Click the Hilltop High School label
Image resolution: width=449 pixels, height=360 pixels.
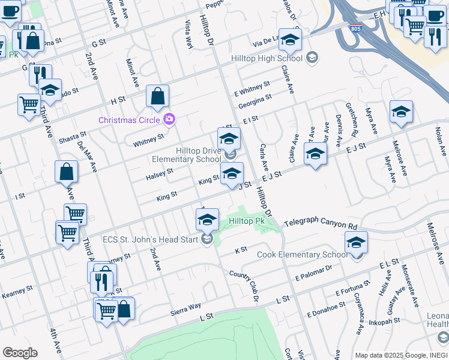click(268, 58)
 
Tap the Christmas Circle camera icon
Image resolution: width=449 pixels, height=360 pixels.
click(169, 119)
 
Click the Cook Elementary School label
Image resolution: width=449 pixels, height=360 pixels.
click(302, 255)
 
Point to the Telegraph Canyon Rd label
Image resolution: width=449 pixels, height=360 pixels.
click(321, 224)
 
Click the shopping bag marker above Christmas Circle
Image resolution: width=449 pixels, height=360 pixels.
click(157, 96)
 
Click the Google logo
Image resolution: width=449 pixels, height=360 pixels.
click(20, 352)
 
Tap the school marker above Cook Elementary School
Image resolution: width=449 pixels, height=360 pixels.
click(356, 242)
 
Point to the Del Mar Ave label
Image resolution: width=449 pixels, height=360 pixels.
click(93, 157)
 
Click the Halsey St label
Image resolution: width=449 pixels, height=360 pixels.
click(160, 175)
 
